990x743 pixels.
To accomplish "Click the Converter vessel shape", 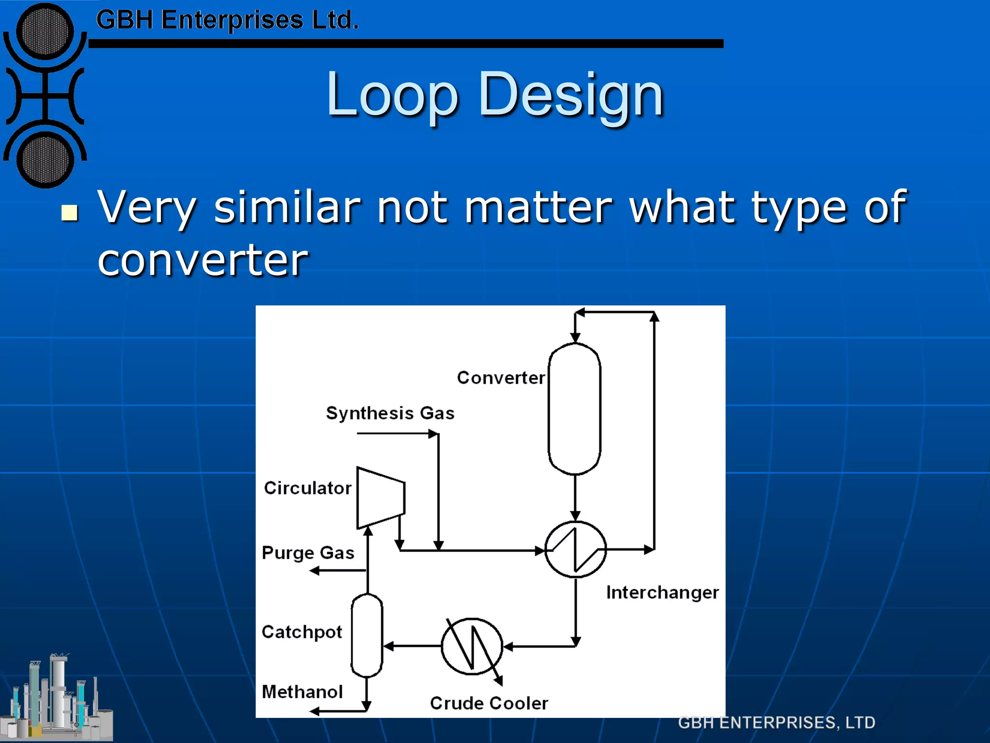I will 574,409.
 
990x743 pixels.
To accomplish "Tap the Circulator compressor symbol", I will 380,498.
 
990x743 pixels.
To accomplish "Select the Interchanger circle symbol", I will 575,550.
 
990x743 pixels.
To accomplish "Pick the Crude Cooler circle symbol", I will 472,646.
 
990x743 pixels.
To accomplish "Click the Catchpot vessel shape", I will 367,635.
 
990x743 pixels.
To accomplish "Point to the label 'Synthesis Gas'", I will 390,413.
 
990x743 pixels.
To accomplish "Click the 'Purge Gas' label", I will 308,552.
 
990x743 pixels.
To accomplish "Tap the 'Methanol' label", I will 302,692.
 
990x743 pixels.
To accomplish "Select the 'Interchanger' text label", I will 662,593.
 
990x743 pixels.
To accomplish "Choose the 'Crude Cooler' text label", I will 489,703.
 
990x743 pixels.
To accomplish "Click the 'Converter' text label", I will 501,377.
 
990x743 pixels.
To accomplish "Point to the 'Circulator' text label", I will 307,488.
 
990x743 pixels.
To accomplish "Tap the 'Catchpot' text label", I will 302,632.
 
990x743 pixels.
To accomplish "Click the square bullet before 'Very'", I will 70,212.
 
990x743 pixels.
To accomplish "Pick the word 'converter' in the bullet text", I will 203,260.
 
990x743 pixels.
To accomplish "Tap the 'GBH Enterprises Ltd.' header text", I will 227,20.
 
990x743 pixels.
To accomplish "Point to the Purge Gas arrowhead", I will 315,571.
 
